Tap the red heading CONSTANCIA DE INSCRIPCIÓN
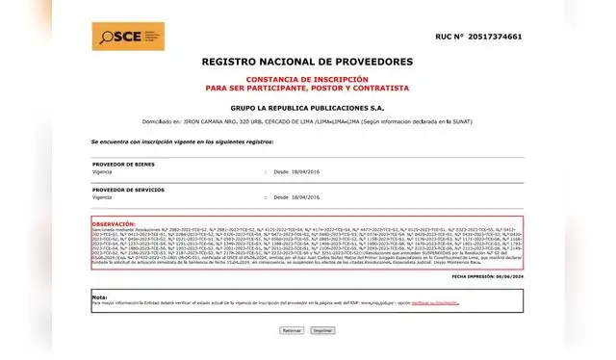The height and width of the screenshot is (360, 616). pos(307,80)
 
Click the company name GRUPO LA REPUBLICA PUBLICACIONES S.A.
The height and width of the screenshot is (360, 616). pos(307,109)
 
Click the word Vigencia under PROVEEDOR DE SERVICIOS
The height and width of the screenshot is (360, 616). pos(103,196)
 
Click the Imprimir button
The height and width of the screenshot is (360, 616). pos(321,329)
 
